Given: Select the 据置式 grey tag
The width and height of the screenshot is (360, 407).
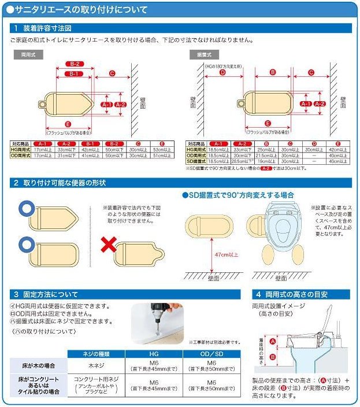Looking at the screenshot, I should [202, 54].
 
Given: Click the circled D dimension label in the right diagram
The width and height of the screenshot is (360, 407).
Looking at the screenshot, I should [222, 73].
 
